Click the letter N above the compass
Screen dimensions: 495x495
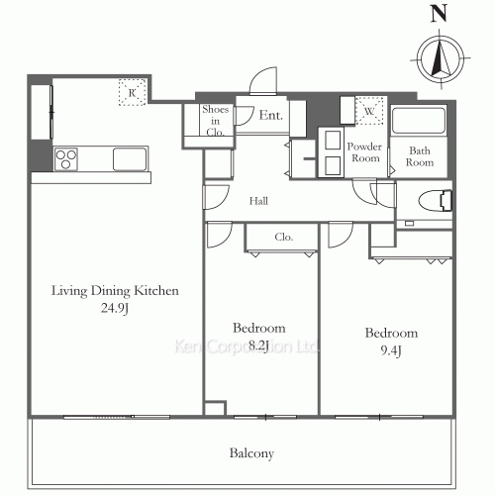[439, 14]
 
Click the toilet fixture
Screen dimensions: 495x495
[435, 200]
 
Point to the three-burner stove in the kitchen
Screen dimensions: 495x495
[66, 159]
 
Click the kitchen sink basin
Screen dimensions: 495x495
[130, 159]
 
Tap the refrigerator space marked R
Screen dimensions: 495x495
[133, 92]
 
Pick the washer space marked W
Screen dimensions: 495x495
[369, 111]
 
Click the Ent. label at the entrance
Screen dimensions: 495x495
[271, 115]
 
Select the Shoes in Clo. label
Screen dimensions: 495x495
[216, 121]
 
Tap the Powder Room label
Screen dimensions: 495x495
[364, 152]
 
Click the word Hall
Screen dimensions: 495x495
[258, 201]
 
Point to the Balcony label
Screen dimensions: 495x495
[251, 453]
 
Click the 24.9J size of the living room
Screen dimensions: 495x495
[115, 308]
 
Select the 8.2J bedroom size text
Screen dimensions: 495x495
[258, 346]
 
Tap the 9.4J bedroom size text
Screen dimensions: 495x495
[391, 350]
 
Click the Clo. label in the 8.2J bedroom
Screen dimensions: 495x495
[284, 237]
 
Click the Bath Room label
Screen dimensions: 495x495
[420, 156]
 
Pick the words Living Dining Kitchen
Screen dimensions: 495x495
[115, 291]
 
